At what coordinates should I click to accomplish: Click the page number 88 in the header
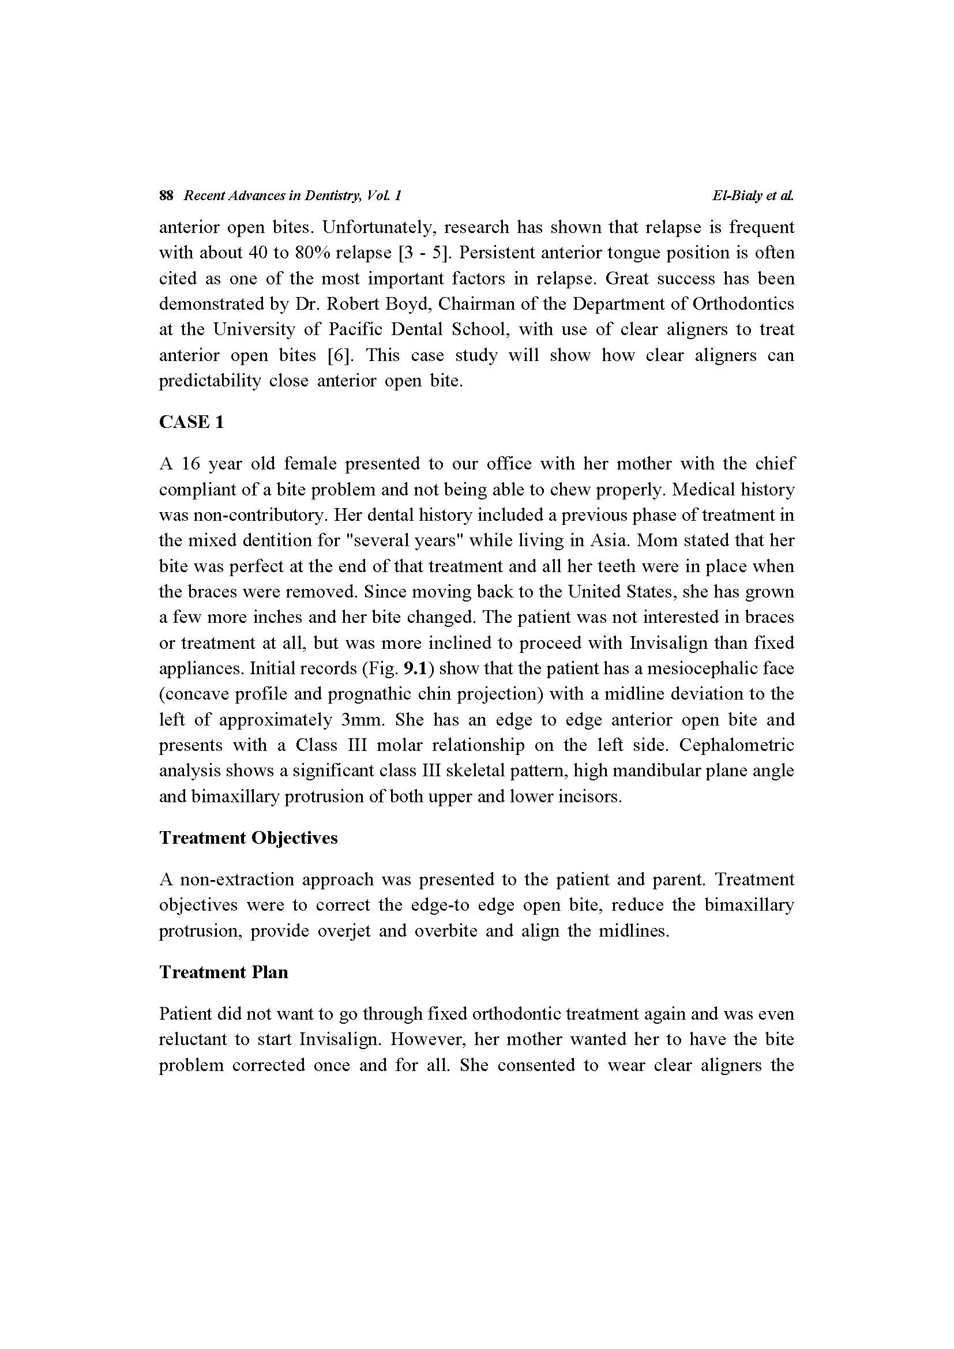(166, 196)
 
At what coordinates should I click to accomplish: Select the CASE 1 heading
(191, 422)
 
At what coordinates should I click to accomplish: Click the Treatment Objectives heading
(249, 837)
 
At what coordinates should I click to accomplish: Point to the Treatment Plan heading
(224, 972)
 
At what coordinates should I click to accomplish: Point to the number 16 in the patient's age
(191, 464)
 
